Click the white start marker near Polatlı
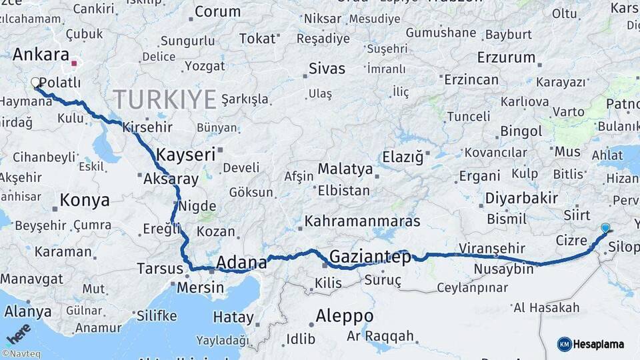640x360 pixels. [35, 83]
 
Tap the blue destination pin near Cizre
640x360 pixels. [605, 228]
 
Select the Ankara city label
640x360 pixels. [41, 55]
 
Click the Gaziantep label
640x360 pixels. [370, 257]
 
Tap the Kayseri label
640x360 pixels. [185, 155]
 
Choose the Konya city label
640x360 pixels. [84, 200]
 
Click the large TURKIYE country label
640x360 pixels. [165, 100]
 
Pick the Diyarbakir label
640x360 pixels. [521, 199]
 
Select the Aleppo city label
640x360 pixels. [344, 315]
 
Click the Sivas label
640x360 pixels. [327, 69]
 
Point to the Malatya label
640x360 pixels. [345, 169]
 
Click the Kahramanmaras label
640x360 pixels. [362, 221]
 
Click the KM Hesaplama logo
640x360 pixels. [591, 344]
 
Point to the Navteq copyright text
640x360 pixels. [21, 354]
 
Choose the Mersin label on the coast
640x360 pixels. [200, 288]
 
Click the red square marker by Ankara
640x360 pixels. [75, 65]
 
